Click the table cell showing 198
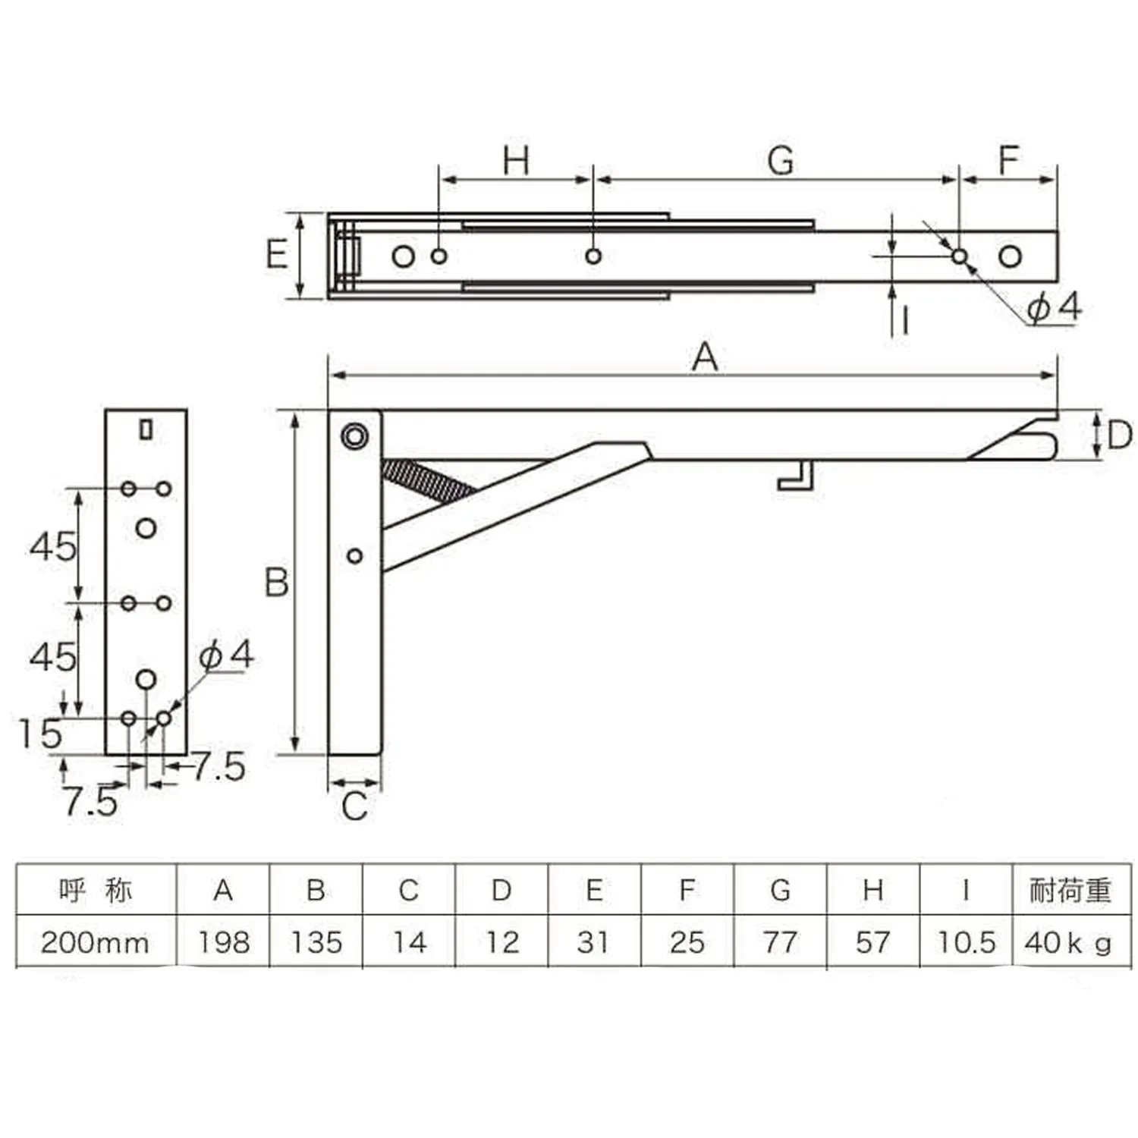click(x=224, y=942)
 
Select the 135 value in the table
click(x=316, y=942)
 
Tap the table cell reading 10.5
click(x=966, y=942)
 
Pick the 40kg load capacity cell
click(x=1068, y=942)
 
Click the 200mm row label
click(x=95, y=943)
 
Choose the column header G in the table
click(x=780, y=889)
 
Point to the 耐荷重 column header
click(x=1070, y=889)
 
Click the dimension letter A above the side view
click(x=705, y=356)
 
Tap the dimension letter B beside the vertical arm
click(x=277, y=582)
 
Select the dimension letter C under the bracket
click(x=354, y=806)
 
